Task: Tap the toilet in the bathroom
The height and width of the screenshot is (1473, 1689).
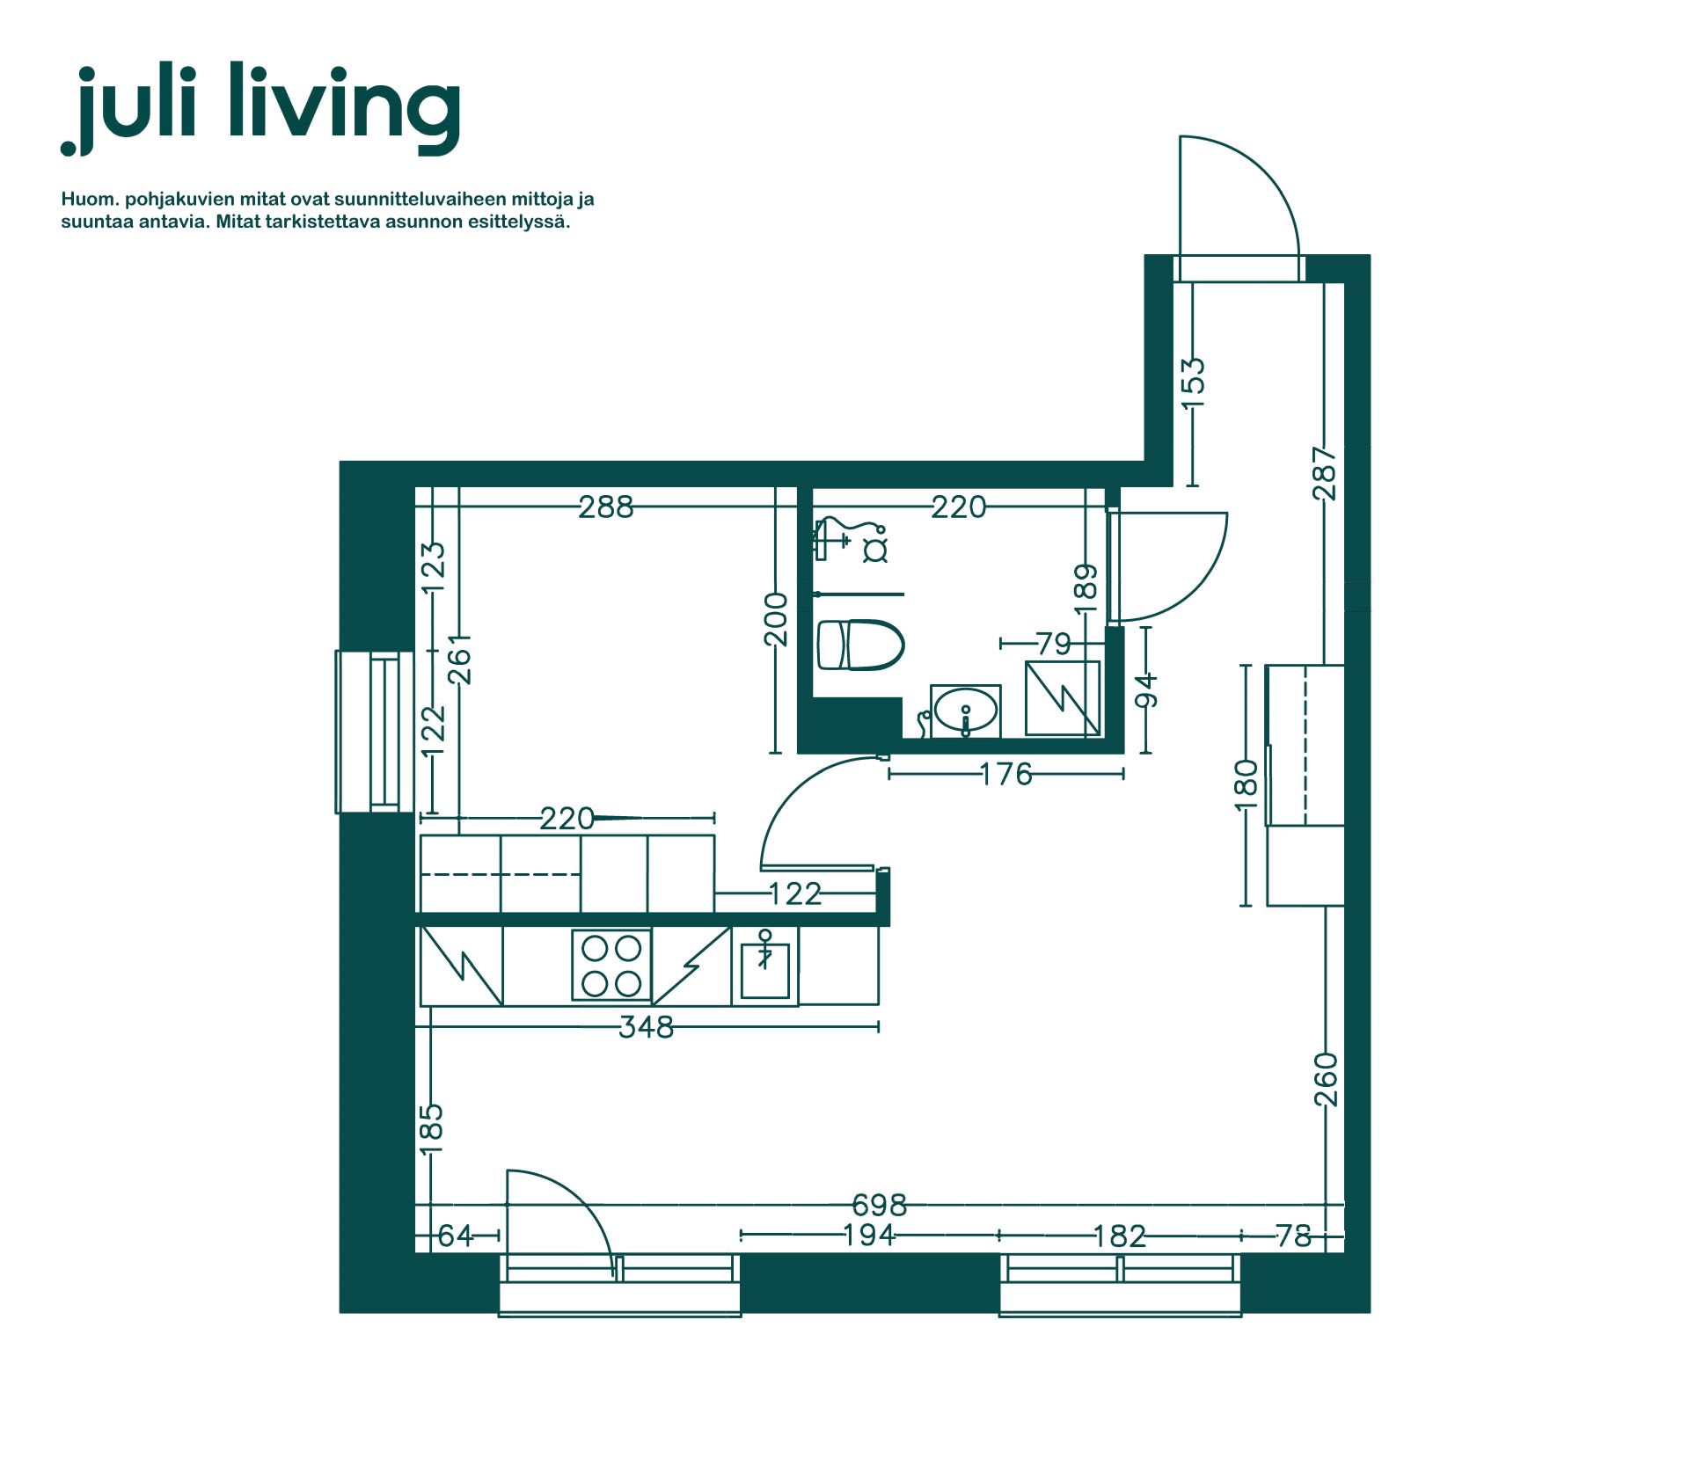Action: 860,645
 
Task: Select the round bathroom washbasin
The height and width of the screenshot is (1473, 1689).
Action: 965,711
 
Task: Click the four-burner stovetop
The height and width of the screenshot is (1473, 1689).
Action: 611,965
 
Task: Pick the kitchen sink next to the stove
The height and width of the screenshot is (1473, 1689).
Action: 764,967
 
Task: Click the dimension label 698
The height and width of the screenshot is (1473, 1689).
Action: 879,1205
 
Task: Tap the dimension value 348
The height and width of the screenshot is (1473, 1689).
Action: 646,1027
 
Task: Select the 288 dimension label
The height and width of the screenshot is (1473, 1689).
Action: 605,507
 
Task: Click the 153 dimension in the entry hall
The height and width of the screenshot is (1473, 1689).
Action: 1193,383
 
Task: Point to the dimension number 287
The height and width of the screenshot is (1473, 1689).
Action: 1324,473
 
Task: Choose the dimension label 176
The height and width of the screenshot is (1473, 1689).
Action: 1005,774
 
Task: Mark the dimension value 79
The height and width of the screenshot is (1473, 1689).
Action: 1053,644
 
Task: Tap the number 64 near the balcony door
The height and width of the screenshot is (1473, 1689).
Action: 456,1236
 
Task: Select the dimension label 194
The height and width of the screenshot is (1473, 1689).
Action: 868,1236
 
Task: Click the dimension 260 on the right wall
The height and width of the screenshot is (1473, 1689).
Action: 1325,1080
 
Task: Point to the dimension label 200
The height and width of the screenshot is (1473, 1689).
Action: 775,619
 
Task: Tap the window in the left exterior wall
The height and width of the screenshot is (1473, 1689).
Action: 374,732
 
